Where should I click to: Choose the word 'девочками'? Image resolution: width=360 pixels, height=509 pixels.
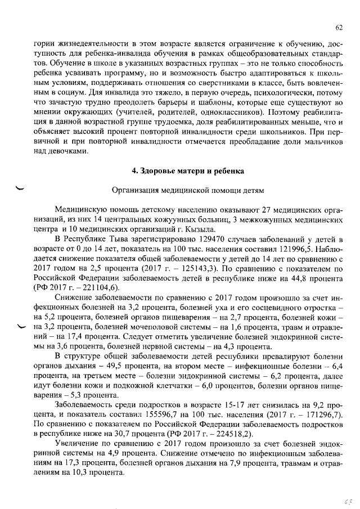[67, 151]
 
